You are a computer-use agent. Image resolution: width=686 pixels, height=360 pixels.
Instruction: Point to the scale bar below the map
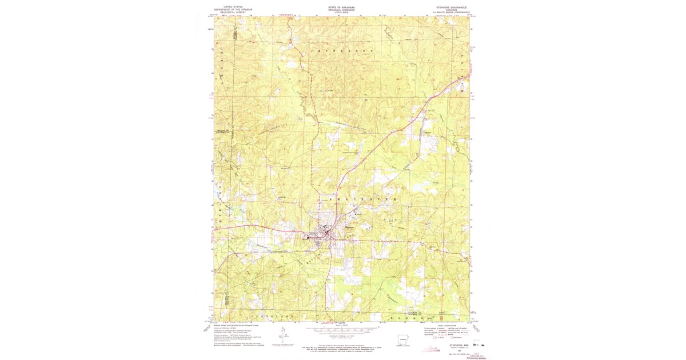click(342, 329)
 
